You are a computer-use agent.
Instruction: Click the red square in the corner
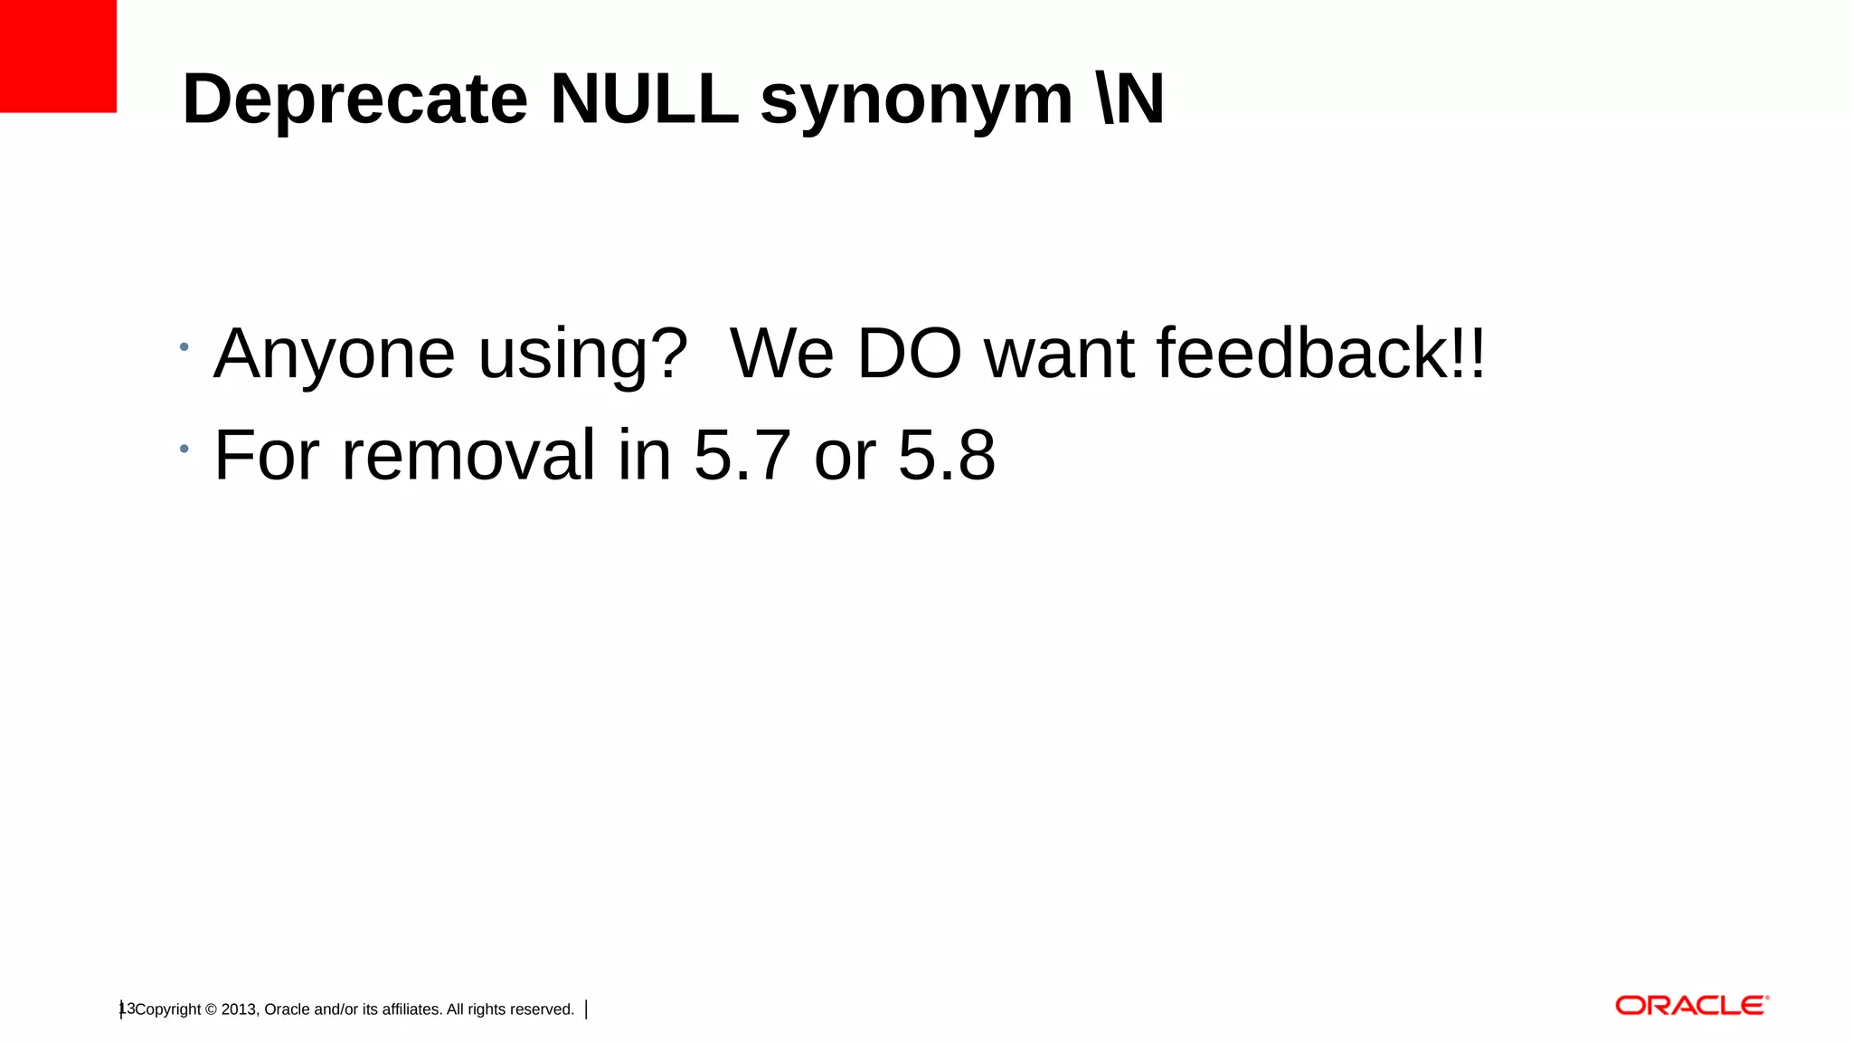coord(58,56)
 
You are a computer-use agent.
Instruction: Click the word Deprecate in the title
coord(354,99)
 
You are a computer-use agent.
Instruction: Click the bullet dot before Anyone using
coord(184,347)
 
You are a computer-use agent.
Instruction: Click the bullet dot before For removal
coord(184,449)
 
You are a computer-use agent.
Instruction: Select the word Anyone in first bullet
coord(334,355)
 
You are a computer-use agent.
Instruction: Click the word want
coord(1059,355)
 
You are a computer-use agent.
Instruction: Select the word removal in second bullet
coord(468,455)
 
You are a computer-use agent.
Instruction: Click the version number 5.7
coord(742,455)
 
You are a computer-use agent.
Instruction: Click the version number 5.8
coord(947,455)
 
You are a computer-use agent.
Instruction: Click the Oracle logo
coord(1691,1006)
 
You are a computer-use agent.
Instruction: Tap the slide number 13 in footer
coord(128,1009)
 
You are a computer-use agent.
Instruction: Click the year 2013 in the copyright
coord(239,1009)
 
